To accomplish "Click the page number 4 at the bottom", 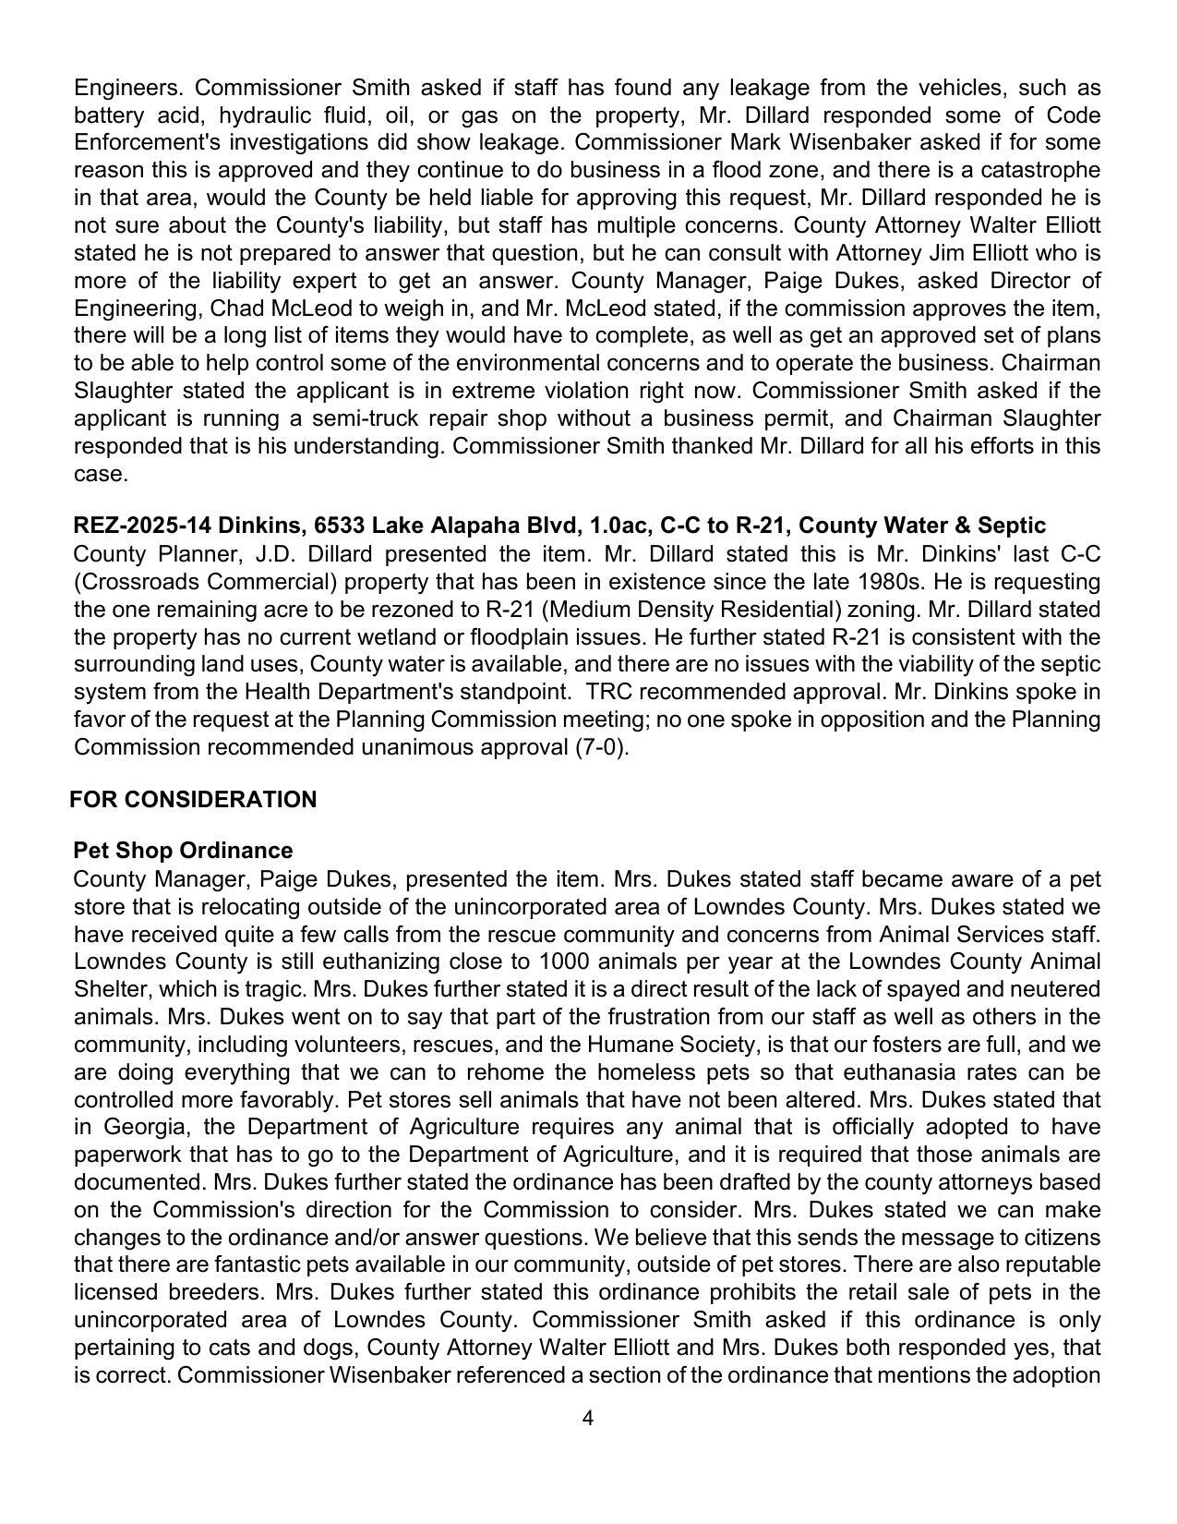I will [x=588, y=1418].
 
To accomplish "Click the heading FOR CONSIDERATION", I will [x=193, y=800].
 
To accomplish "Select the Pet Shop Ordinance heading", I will [x=183, y=851].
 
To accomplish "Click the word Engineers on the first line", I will [x=128, y=88].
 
